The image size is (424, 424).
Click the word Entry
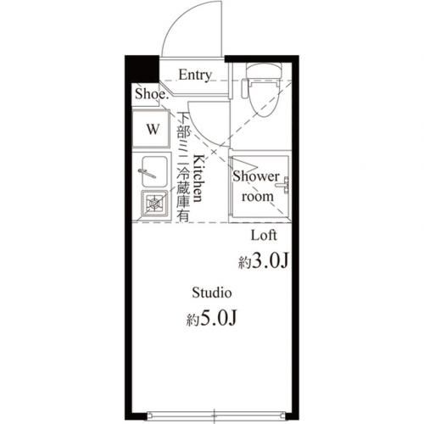194,75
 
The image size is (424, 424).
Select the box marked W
153,130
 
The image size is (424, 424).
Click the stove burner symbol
153,204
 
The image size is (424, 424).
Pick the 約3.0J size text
265,262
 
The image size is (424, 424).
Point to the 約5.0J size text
211,320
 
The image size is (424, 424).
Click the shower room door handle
286,181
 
